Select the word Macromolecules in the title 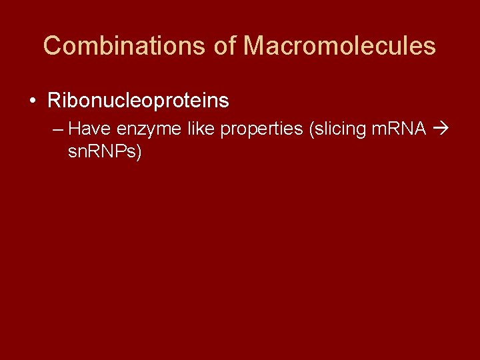(339, 46)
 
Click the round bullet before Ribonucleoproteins (33, 101)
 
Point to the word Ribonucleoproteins (138, 101)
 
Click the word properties (261, 129)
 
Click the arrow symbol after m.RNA (439, 128)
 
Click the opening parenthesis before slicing (311, 129)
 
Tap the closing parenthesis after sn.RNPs (139, 152)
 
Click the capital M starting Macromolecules (255, 46)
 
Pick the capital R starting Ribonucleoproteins (53, 101)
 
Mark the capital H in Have (74, 128)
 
